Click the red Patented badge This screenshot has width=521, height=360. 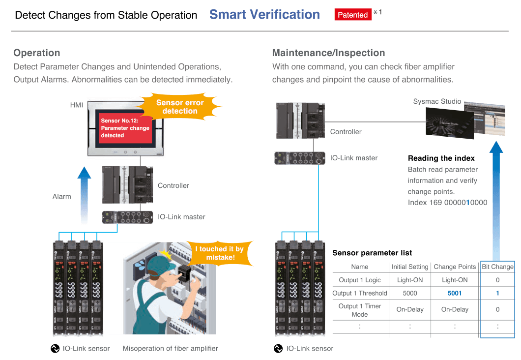[352, 15]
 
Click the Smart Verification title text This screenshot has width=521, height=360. [264, 15]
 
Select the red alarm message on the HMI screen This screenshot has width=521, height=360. [125, 127]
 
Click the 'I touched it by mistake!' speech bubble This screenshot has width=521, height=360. [219, 253]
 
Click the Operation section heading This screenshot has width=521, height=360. [37, 53]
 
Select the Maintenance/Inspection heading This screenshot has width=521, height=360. [328, 53]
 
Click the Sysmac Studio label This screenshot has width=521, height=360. [437, 101]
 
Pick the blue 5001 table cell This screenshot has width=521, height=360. [455, 293]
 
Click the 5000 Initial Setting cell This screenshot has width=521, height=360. [410, 293]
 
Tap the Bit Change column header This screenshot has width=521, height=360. [497, 267]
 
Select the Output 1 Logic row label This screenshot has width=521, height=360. [360, 280]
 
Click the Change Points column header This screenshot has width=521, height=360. [455, 267]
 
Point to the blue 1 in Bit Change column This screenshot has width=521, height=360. [497, 293]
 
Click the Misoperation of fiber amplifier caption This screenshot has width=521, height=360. [170, 348]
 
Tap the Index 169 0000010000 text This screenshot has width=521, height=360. [447, 203]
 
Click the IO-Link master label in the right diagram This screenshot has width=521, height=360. [354, 158]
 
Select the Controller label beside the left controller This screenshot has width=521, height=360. [173, 185]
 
